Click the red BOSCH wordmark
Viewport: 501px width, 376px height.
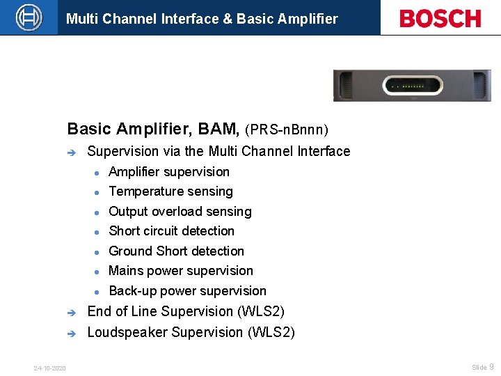tap(440, 18)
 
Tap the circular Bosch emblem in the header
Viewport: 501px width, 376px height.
tap(29, 17)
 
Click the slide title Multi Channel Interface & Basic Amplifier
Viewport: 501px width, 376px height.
tap(202, 19)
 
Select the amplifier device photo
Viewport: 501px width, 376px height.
tap(412, 86)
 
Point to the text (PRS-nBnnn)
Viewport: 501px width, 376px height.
tap(287, 130)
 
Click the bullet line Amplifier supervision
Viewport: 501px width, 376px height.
tap(169, 172)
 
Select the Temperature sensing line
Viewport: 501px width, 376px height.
tap(170, 191)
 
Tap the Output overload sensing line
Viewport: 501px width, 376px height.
tap(180, 212)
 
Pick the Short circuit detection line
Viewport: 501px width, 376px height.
tap(171, 231)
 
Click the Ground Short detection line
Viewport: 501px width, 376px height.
tap(176, 251)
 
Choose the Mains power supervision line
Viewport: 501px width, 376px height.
tap(181, 271)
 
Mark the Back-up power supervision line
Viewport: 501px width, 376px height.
tap(187, 291)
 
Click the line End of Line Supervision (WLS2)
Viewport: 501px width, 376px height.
tap(186, 311)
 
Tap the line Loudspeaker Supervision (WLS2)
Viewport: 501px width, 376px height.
tap(191, 333)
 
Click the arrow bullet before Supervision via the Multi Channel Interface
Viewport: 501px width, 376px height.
tap(71, 152)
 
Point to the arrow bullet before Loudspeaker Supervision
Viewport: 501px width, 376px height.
tap(71, 334)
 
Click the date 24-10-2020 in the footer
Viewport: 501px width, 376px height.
tap(49, 368)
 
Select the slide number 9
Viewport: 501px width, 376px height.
tap(491, 367)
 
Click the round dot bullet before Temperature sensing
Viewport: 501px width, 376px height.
tap(99, 192)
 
